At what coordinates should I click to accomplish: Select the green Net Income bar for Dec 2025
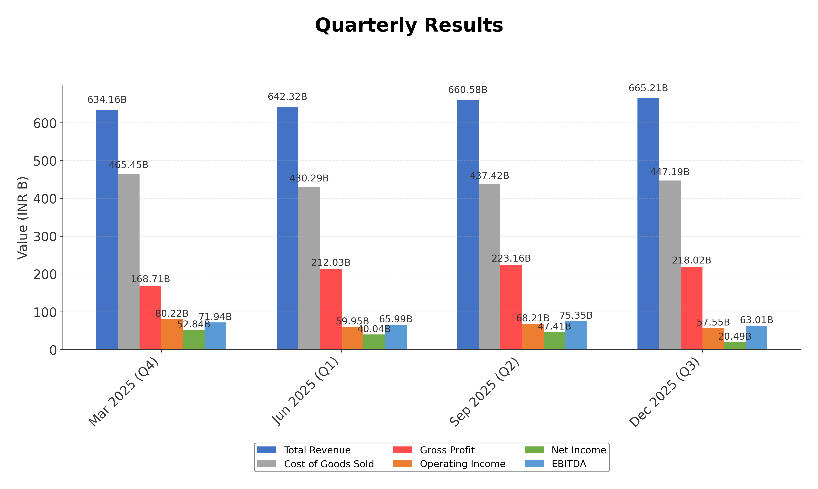click(x=735, y=346)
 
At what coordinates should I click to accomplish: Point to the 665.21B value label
click(x=648, y=88)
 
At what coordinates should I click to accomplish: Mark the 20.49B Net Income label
click(x=735, y=336)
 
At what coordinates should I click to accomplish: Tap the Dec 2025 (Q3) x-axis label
click(x=665, y=392)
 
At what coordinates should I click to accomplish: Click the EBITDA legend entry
click(x=569, y=464)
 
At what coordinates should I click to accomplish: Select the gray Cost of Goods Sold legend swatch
click(x=267, y=464)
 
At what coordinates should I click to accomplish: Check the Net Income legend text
click(x=578, y=450)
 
